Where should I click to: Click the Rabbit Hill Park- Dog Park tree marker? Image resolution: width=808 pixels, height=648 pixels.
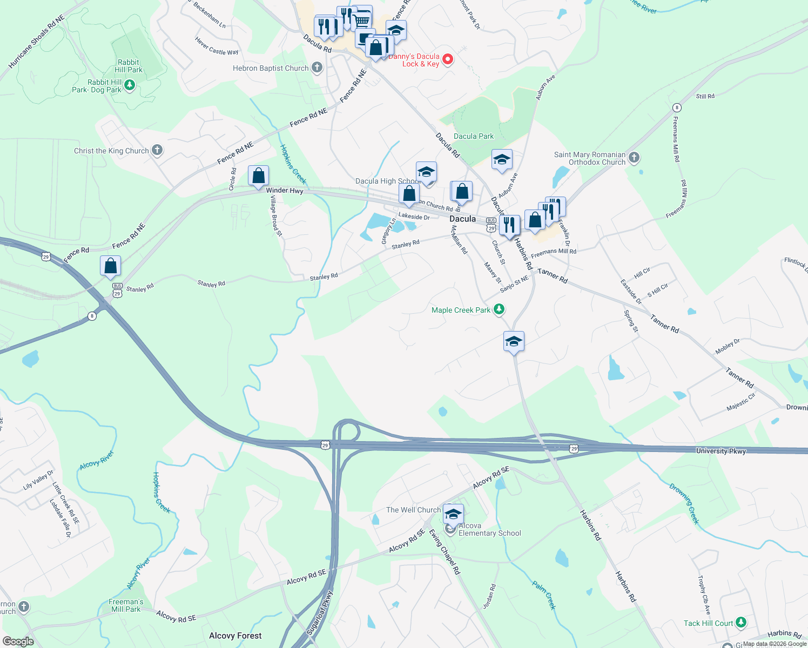pos(129,85)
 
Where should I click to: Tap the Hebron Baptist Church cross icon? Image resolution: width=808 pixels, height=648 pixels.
pos(317,68)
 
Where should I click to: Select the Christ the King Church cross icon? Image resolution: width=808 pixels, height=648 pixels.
pos(157,150)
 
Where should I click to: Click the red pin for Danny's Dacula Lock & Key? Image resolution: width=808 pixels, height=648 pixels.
pos(448,59)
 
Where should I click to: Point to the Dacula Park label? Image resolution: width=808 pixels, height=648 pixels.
pos(474,137)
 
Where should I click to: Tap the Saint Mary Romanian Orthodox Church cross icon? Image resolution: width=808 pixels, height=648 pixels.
pos(634,158)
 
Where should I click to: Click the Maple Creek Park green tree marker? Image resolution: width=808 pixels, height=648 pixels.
pos(500,309)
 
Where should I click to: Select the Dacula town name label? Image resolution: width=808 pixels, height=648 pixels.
pos(463,219)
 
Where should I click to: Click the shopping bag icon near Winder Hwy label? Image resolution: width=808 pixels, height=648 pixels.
pos(258,176)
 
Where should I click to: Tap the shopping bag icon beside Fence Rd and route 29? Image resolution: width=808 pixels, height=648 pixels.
pos(110,266)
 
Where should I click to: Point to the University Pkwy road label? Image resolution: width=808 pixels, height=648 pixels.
pos(721,451)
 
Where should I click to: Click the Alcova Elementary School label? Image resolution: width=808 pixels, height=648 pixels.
pos(490,530)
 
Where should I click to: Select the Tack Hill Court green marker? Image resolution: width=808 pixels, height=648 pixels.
pos(741,623)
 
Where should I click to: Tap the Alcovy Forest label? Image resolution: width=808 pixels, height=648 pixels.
pos(235,636)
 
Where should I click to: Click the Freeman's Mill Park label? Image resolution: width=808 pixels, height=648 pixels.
pos(126,605)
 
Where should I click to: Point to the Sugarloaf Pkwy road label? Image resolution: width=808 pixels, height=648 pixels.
pos(320,613)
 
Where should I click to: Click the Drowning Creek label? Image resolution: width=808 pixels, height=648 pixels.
pos(684,503)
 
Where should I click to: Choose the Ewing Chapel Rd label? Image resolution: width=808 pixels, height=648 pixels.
pos(445,551)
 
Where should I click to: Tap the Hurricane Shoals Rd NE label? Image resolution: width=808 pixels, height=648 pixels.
pos(37,42)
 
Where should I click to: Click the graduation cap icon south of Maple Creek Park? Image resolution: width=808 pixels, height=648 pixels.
pos(513,342)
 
